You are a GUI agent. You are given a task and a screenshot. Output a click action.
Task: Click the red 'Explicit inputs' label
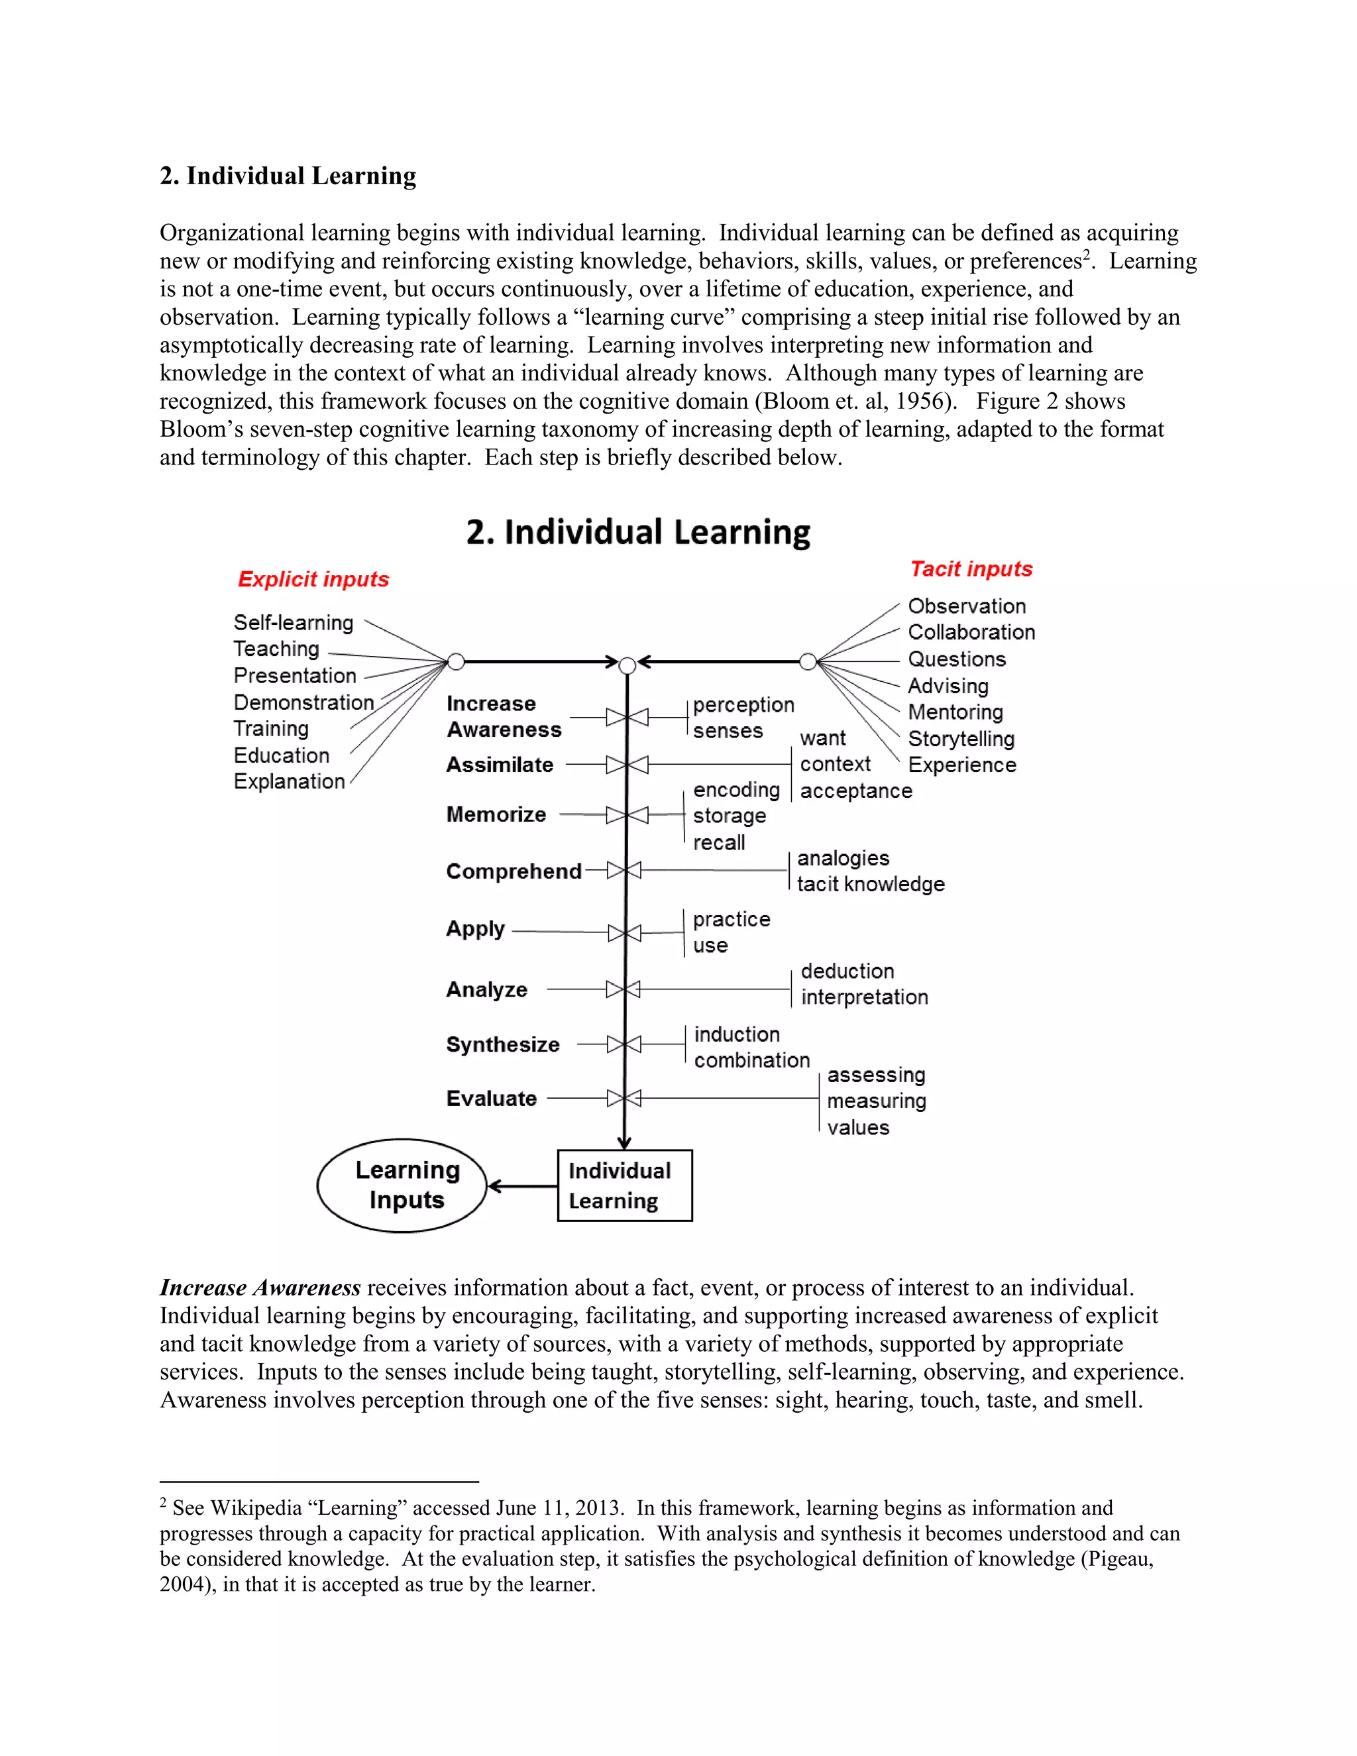click(313, 579)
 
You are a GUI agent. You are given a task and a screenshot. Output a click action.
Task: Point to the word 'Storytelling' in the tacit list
click(961, 738)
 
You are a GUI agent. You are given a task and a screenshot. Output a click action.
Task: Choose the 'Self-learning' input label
click(293, 622)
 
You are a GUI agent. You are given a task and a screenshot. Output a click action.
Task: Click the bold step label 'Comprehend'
click(513, 871)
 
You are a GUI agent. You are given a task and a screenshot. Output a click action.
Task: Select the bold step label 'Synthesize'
click(502, 1044)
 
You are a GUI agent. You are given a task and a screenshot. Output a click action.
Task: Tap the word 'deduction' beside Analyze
click(847, 971)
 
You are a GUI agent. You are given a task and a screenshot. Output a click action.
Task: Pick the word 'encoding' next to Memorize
click(735, 790)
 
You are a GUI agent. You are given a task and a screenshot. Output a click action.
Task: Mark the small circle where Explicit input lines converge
click(456, 662)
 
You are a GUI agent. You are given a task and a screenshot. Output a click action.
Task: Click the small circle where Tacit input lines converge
click(808, 662)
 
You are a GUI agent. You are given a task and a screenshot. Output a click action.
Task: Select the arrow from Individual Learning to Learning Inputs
click(523, 1186)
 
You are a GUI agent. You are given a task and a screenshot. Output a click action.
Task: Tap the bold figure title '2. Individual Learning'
click(637, 532)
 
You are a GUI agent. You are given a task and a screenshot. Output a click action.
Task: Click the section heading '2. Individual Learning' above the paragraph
click(288, 176)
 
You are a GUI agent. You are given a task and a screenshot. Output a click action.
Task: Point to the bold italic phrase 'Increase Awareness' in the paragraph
click(260, 1288)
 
